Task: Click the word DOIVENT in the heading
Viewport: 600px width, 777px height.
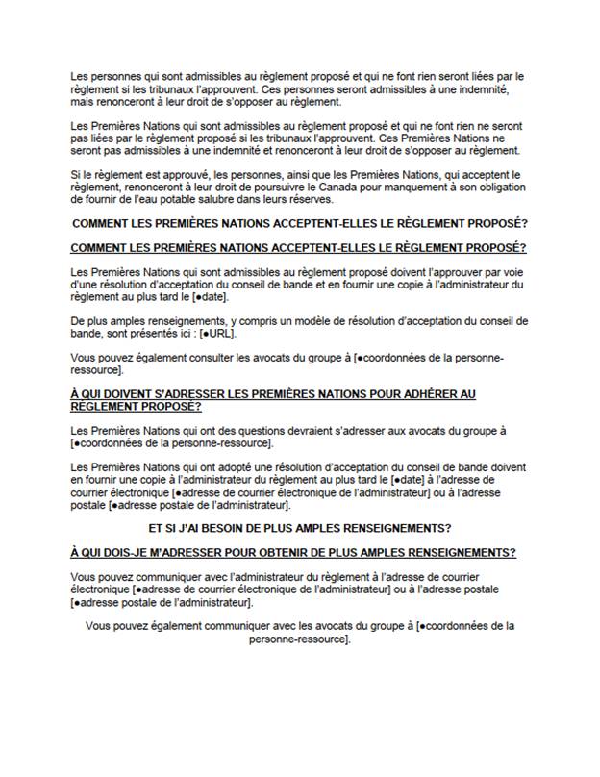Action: tap(127, 394)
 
